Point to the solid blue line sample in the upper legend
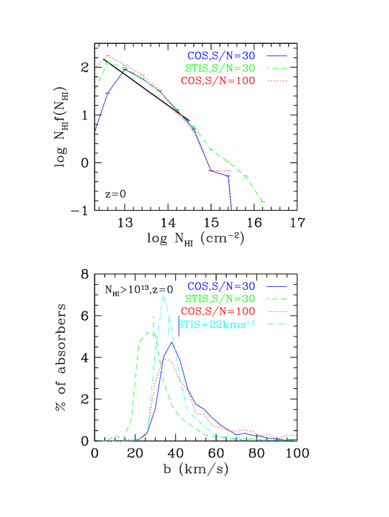click(277, 55)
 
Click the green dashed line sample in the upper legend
click(277, 68)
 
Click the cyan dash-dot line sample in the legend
click(277, 324)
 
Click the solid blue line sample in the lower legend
click(277, 285)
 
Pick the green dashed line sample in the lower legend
click(277, 298)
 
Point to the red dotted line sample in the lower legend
click(277, 311)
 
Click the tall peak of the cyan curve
click(164, 294)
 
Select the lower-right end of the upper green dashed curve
click(264, 202)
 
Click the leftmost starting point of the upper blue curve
click(95, 130)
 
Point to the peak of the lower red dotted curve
click(164, 358)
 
